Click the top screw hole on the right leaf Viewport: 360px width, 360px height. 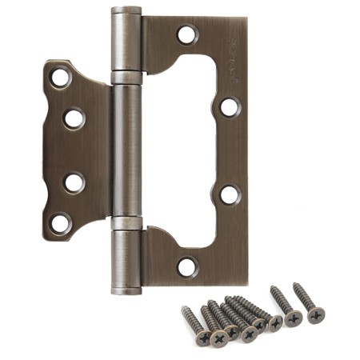point(186,34)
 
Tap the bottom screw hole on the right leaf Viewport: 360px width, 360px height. point(186,266)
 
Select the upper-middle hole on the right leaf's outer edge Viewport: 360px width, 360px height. point(230,106)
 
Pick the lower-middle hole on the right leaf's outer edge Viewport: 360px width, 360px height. point(230,194)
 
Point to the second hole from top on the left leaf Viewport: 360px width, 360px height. point(74,118)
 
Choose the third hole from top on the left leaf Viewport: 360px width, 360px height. point(74,182)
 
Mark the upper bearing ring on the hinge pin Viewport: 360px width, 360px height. point(125,78)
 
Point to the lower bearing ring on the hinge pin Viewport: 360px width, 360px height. point(125,222)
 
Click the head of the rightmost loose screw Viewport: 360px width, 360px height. point(316,314)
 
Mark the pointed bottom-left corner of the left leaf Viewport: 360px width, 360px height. point(46,238)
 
